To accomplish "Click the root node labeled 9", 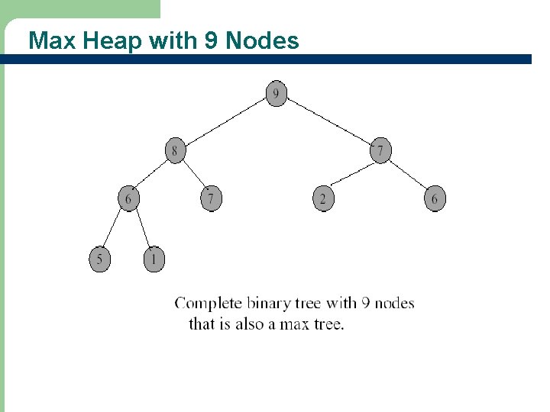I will point(277,95).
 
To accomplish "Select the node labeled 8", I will point(175,151).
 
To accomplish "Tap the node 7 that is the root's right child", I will point(380,151).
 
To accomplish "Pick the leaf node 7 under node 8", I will point(211,199).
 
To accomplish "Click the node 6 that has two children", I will point(128,199).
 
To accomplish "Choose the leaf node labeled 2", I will point(323,199).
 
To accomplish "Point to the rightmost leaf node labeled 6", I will point(435,199).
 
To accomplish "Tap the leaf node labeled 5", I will point(99,259).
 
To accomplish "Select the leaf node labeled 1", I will point(154,259).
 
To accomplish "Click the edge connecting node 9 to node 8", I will point(225,123).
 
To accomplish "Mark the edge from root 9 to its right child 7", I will point(328,123).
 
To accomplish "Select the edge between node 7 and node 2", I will point(351,175).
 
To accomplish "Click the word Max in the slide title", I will point(52,40).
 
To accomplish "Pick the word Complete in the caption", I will point(209,304).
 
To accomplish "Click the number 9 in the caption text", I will point(366,304).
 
